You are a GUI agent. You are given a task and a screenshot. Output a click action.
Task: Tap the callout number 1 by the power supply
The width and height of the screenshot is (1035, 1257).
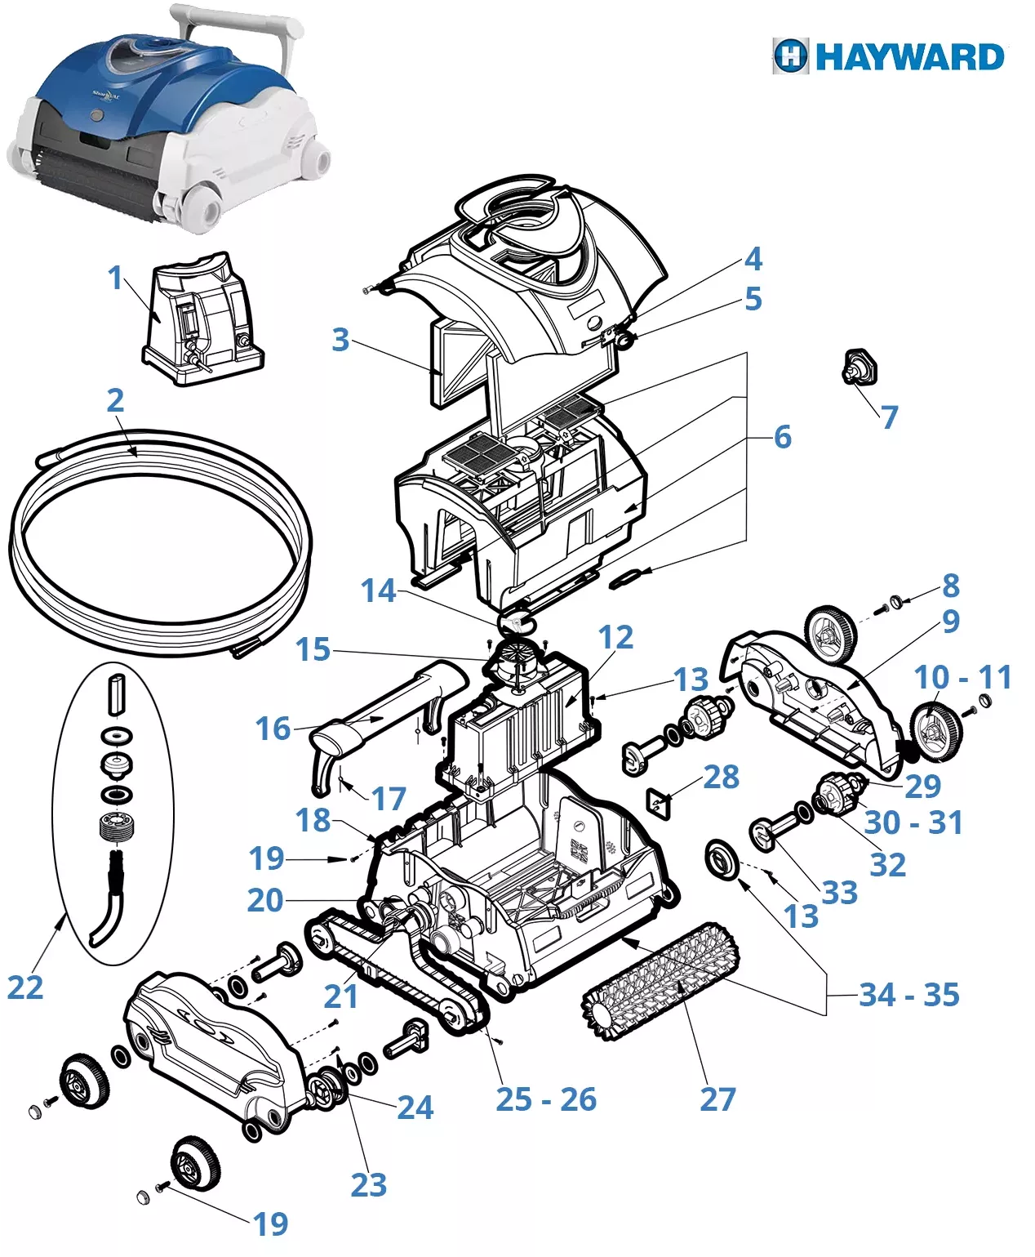(116, 278)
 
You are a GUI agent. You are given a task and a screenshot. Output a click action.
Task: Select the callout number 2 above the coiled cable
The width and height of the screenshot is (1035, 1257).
(115, 400)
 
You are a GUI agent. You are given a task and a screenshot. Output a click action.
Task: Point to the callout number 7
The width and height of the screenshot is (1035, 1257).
(889, 417)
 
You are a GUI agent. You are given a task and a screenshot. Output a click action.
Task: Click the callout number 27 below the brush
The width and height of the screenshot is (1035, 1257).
(717, 1099)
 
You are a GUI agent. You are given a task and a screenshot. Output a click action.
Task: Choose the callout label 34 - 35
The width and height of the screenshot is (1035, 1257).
(908, 995)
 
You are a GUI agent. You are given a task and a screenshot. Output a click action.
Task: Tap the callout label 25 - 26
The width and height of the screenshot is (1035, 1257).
(546, 1099)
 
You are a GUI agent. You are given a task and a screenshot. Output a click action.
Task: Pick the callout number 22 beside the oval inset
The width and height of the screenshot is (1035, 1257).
(24, 987)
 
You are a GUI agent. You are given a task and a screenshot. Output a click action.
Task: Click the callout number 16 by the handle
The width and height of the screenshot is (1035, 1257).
(273, 729)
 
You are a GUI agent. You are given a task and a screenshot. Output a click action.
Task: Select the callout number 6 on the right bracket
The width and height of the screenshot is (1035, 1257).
(782, 437)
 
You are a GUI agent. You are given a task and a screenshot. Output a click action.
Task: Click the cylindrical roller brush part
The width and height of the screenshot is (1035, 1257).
(661, 982)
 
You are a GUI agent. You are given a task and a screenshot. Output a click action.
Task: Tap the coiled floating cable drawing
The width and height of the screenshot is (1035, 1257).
(159, 539)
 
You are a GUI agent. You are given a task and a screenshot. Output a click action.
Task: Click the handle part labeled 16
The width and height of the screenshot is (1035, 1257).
(384, 719)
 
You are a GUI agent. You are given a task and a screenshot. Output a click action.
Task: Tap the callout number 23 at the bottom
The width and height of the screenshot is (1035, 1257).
(368, 1184)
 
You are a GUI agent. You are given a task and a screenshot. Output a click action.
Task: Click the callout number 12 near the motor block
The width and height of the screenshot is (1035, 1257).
(615, 637)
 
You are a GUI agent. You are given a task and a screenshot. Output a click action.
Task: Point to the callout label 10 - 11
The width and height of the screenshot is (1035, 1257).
(962, 677)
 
